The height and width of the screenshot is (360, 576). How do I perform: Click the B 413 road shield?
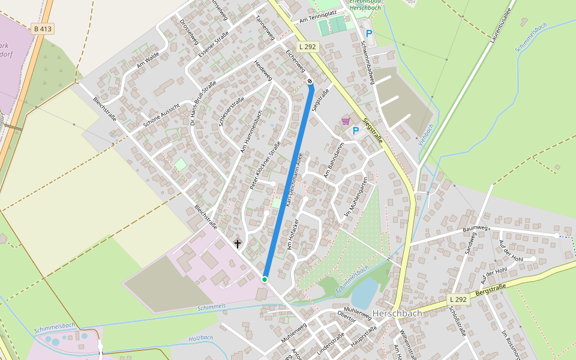click(42, 28)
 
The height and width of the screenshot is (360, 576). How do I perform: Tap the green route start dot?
click(264, 279)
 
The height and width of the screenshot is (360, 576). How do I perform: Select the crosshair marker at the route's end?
click(310, 81)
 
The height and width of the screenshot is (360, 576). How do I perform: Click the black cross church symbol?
click(238, 244)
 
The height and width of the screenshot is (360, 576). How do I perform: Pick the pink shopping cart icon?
click(346, 121)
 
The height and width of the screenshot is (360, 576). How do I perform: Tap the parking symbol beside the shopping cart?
click(356, 130)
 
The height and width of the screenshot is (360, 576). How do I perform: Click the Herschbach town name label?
click(397, 313)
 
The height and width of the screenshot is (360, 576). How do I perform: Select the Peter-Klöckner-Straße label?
click(265, 166)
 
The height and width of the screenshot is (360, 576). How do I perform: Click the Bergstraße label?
click(491, 291)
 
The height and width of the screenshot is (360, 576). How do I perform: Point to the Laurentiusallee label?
click(500, 25)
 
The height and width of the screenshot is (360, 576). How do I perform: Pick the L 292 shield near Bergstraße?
click(458, 299)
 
